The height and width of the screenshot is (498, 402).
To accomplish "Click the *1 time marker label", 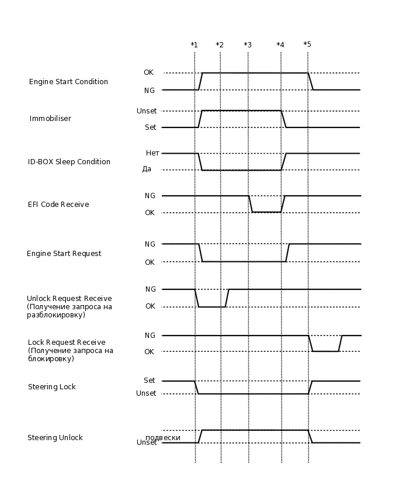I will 194,45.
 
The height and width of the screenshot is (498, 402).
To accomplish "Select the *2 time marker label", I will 220,45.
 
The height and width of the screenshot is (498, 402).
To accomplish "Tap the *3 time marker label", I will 248,45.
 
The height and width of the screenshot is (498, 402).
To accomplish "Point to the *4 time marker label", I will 280,45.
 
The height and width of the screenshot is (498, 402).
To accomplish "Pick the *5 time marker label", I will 307,45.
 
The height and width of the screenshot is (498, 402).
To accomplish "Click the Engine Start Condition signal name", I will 68,82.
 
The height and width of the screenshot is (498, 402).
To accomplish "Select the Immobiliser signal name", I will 50,119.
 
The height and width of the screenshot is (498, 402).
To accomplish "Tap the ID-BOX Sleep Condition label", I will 69,162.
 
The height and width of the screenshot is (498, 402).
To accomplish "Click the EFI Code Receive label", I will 58,205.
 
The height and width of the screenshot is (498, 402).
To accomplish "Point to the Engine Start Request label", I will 64,254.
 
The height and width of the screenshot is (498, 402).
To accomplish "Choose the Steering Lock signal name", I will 52,387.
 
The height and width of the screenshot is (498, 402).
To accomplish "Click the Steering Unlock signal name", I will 55,438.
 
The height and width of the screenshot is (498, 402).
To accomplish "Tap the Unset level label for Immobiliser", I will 147,111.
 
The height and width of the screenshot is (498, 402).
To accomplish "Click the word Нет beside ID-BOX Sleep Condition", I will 153,153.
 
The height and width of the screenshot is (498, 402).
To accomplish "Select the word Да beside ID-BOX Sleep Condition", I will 147,169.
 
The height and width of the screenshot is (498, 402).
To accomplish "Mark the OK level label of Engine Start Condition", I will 148,72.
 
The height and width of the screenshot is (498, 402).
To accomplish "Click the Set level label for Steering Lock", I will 150,381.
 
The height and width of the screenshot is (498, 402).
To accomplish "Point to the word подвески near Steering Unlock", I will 163,437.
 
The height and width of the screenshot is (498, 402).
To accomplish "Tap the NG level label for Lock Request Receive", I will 150,336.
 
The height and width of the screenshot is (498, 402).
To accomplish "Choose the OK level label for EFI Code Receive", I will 150,213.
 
